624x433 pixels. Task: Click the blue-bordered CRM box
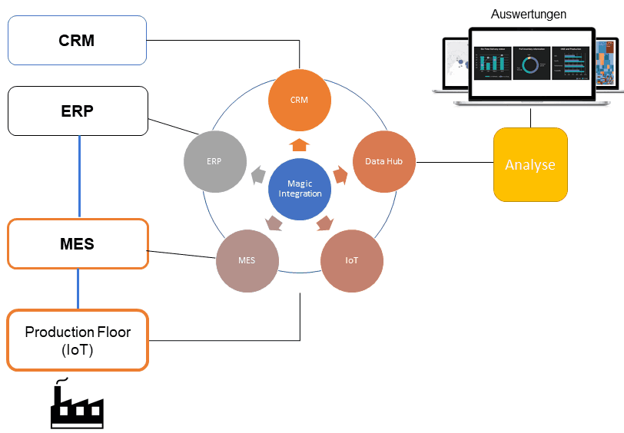(77, 40)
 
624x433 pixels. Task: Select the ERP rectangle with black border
(77, 111)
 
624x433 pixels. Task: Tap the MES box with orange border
(77, 243)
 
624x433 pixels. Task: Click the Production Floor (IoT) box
(77, 340)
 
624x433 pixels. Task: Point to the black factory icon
(77, 405)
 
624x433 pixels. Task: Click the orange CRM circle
(299, 101)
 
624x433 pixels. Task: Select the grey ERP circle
(214, 162)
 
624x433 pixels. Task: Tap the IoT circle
(351, 261)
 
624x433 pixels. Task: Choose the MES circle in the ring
(247, 261)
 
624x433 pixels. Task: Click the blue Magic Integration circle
(300, 189)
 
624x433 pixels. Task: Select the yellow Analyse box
(530, 165)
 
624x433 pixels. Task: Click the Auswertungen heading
(529, 14)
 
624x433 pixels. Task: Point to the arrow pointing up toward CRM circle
(299, 144)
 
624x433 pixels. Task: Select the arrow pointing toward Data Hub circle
(340, 174)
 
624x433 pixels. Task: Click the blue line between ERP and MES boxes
(79, 177)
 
